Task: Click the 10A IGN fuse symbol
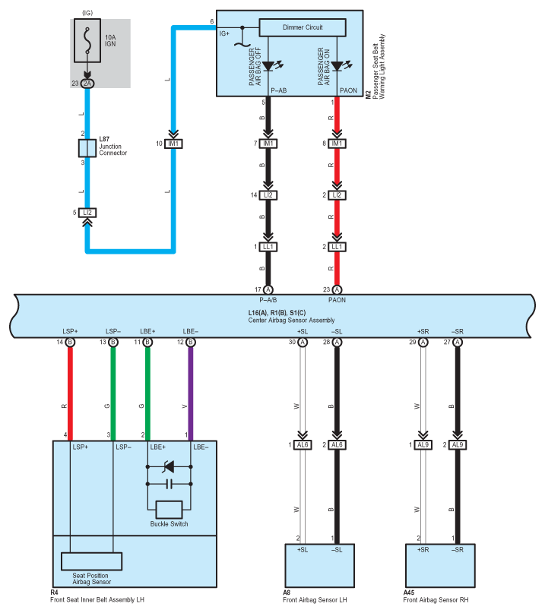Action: [87, 41]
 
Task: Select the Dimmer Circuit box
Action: [303, 27]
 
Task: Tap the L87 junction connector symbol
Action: [87, 148]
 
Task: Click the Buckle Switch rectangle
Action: [169, 510]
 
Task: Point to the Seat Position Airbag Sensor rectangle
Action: [91, 561]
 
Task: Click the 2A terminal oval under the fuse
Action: [87, 84]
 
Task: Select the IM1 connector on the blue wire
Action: [173, 144]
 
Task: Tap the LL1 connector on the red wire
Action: [337, 247]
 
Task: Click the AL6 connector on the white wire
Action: [303, 445]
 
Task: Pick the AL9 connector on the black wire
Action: [458, 445]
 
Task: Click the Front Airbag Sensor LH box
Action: [320, 565]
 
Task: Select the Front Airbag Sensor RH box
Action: [440, 565]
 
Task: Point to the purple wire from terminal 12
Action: [191, 393]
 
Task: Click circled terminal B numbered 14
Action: [70, 343]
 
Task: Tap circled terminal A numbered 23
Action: [337, 289]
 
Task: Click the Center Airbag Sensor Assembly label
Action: [291, 321]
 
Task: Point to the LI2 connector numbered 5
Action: [87, 213]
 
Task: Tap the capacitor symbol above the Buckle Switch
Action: [169, 484]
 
